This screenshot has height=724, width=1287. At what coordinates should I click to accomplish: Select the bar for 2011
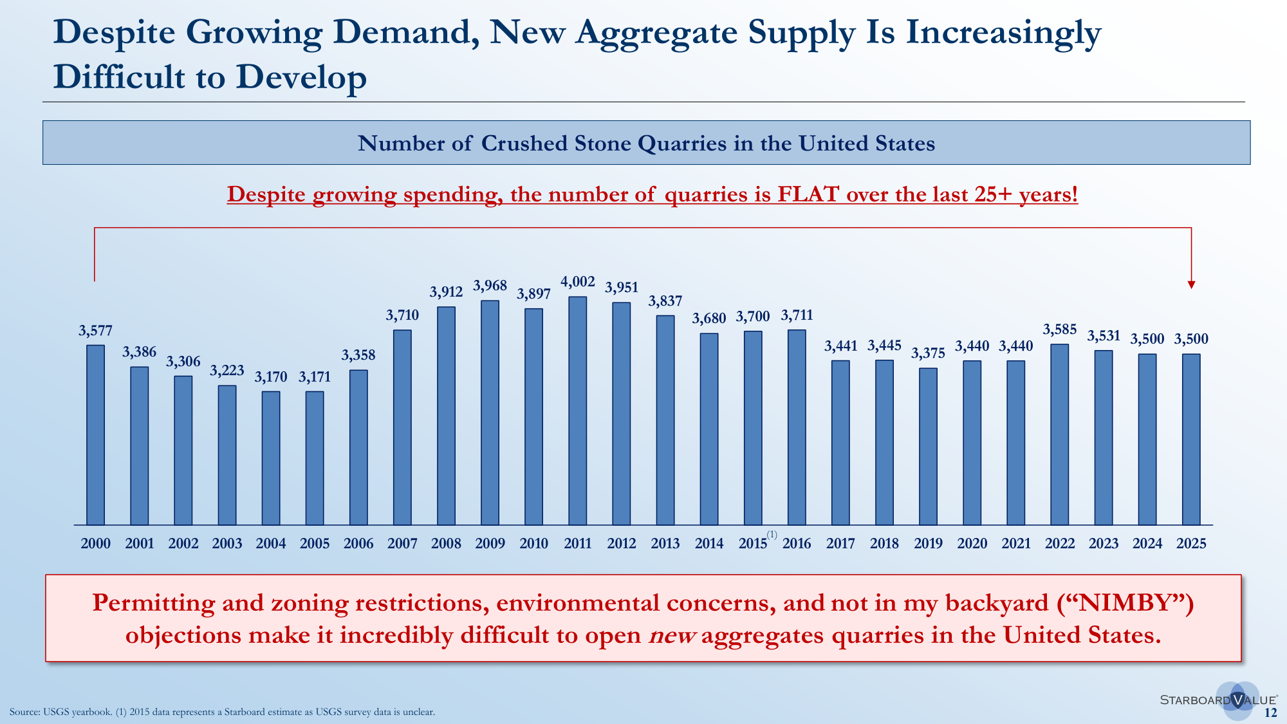pos(577,411)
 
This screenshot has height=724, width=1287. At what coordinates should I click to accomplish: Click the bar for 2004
pos(271,458)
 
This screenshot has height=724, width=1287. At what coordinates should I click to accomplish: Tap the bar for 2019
pos(928,447)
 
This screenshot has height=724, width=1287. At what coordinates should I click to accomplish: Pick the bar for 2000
pos(95,435)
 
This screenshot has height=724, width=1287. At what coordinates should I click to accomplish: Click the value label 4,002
pos(577,282)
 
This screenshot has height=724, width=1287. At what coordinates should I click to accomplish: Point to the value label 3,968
pos(490,286)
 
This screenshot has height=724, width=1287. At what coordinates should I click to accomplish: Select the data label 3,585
pos(1059,330)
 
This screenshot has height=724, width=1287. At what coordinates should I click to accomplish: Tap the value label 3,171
pos(315,377)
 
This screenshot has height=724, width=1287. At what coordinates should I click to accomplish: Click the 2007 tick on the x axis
pos(402,543)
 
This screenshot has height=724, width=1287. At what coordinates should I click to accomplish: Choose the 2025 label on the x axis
pos(1191,543)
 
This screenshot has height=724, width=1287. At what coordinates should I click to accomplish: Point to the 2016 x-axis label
pos(797,543)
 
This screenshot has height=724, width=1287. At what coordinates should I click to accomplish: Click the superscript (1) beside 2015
pos(772,535)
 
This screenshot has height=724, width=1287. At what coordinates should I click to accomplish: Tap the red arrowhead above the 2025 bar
pos(1191,285)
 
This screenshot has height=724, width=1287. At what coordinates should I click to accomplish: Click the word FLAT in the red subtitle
pos(808,194)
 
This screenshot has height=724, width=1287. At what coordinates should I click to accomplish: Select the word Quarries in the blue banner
pos(682,143)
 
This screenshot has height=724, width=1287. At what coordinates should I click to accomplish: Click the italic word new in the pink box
pos(672,636)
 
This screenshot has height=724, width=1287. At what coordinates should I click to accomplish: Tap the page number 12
pos(1270,712)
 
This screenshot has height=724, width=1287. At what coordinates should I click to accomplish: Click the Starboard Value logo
pos(1219,700)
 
